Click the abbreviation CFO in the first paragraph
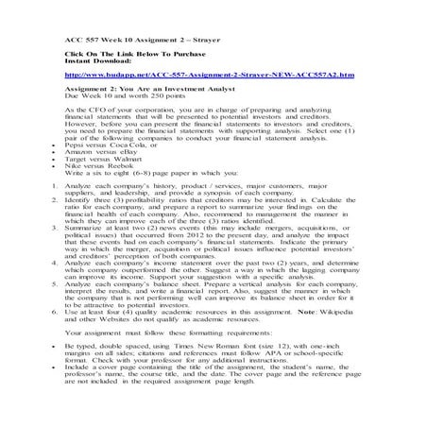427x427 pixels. point(98,111)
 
